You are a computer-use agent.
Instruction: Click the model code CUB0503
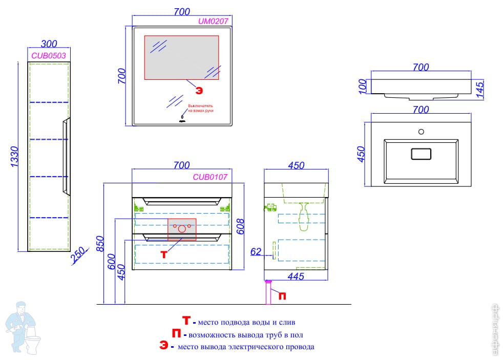tap(49, 55)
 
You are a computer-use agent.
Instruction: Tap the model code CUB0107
tap(210, 177)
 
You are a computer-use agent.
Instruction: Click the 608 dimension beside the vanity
tap(239, 225)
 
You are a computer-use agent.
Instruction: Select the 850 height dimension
tap(100, 246)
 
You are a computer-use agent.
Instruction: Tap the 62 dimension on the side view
tap(256, 251)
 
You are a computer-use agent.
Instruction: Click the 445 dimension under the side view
tap(296, 277)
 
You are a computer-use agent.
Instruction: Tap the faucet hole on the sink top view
tap(421, 132)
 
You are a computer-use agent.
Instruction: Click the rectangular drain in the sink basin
tap(421, 153)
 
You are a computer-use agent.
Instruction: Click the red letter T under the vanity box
tap(164, 255)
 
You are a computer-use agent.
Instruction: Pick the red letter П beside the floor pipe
tap(282, 295)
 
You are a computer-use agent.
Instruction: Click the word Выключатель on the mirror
tap(200, 105)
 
